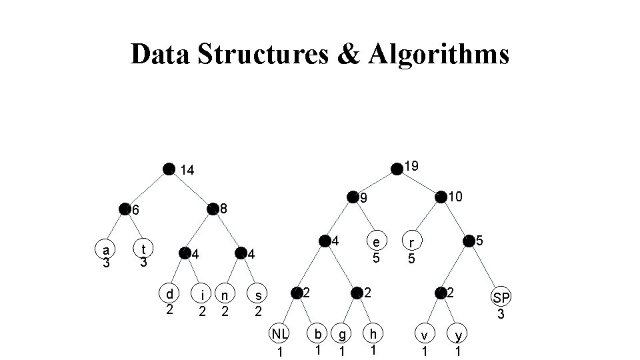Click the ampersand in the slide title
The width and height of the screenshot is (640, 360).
(348, 54)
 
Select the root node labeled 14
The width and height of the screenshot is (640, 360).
(169, 169)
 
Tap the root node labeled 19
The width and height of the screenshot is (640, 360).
(397, 168)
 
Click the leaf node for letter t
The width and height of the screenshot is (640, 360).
(143, 249)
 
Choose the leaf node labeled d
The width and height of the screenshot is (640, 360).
(170, 294)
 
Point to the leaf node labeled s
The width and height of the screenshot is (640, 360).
(258, 294)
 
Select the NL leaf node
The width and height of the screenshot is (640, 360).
(280, 334)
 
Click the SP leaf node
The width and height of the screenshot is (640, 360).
(501, 297)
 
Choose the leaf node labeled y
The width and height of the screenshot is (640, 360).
(457, 335)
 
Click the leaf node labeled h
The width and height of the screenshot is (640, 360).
(373, 334)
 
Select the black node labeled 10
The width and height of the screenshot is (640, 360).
(440, 197)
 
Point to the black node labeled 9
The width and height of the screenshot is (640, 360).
(352, 197)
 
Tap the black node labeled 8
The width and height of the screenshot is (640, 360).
(213, 209)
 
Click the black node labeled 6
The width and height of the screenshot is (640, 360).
(125, 209)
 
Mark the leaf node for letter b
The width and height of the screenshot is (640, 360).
(319, 334)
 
